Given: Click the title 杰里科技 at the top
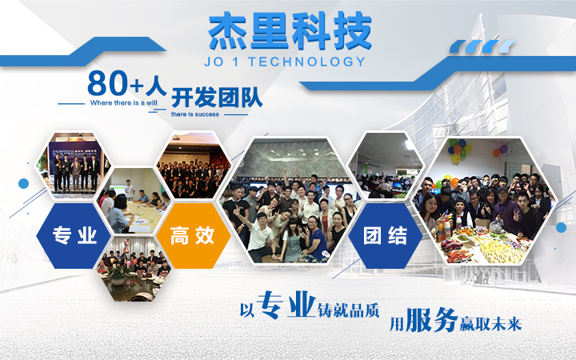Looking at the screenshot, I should [x=289, y=31].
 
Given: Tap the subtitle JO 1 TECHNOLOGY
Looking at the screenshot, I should [x=289, y=62].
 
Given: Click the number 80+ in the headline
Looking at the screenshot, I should [x=115, y=83].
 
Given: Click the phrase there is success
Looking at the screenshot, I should [x=196, y=114].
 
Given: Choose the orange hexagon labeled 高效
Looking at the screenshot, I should [x=192, y=236].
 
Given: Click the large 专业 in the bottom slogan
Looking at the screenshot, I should [x=285, y=306].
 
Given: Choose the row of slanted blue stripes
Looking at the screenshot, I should [x=485, y=46].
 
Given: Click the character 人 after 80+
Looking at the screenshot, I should [x=156, y=83].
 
